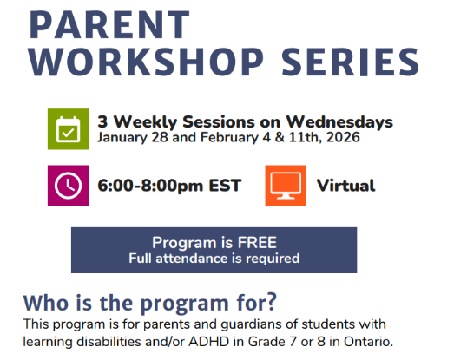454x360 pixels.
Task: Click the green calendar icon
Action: (67, 130)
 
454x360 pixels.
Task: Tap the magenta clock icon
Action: (67, 185)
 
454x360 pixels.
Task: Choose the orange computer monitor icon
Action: (285, 185)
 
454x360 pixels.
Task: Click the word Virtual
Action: (345, 185)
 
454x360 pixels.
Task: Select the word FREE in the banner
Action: (253, 242)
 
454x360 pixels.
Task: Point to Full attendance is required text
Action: (214, 258)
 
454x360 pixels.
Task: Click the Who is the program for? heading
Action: (149, 304)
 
